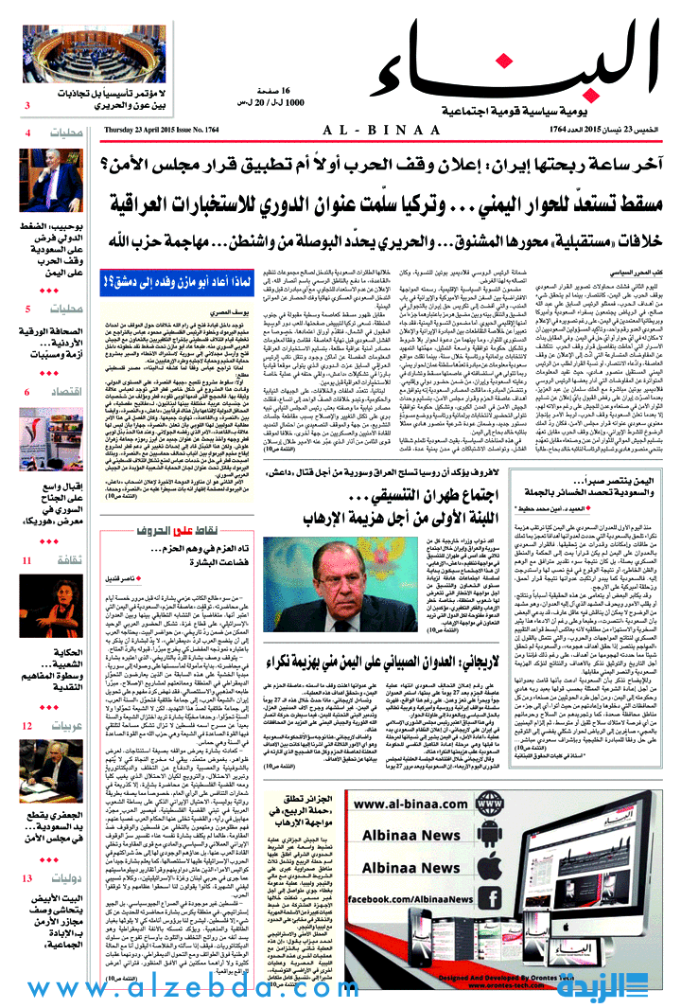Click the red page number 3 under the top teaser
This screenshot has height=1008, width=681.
(x=27, y=105)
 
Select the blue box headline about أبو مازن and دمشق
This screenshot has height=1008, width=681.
(x=166, y=280)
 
